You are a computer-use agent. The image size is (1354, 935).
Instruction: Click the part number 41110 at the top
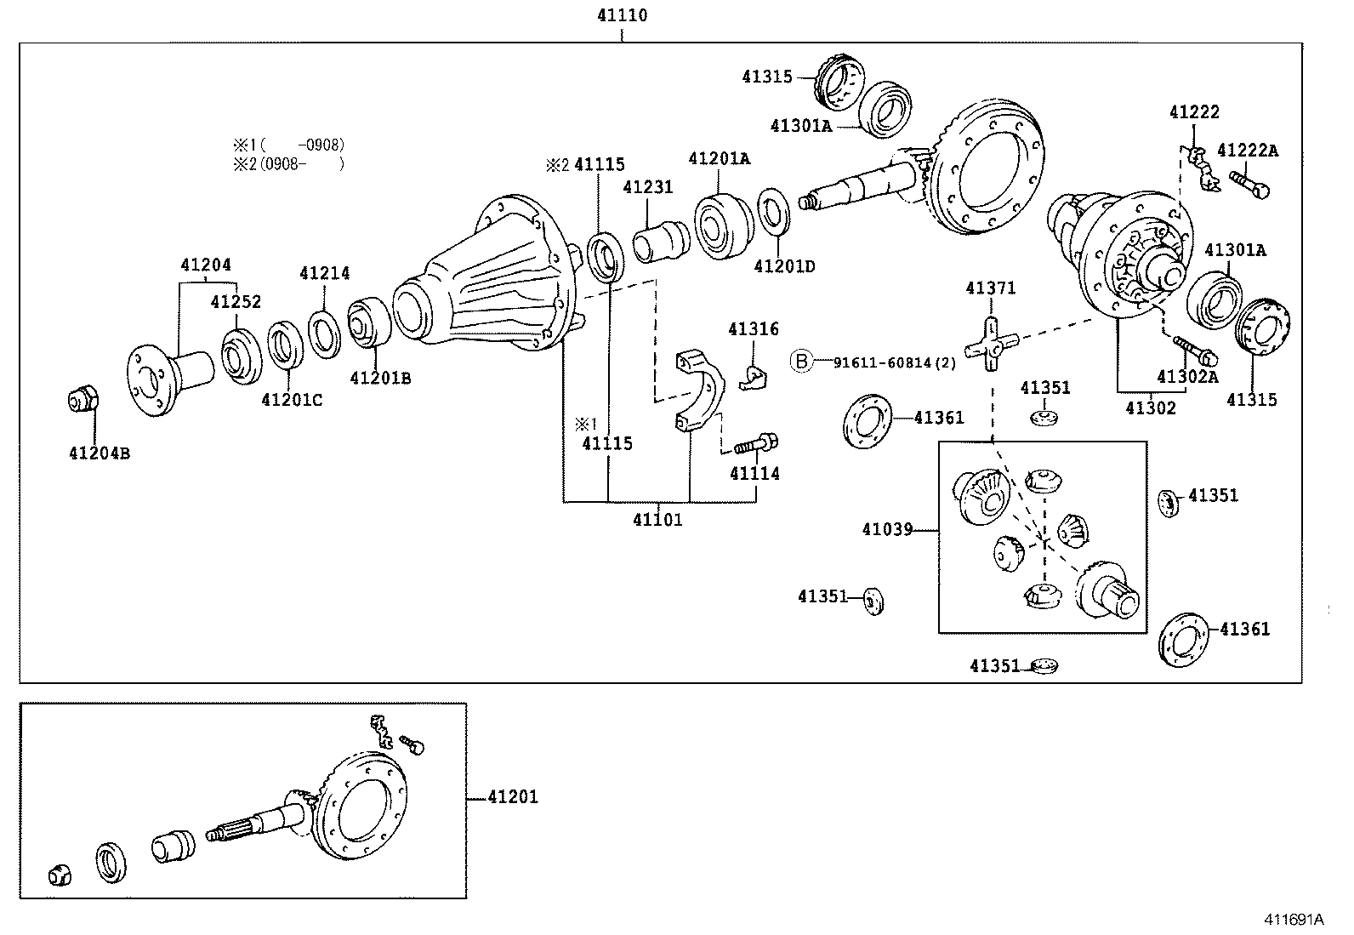(x=622, y=15)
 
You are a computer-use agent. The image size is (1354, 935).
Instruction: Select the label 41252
(x=236, y=302)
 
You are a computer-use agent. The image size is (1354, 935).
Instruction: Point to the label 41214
(x=324, y=273)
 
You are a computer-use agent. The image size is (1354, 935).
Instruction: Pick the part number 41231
(x=647, y=187)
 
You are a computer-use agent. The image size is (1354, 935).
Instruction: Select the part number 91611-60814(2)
(x=894, y=362)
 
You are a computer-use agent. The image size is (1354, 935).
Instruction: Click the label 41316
(x=753, y=329)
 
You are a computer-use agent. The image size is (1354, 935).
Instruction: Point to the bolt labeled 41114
(x=756, y=443)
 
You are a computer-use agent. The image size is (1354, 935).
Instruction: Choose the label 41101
(x=657, y=519)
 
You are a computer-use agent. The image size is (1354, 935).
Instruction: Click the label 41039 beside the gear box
(x=886, y=529)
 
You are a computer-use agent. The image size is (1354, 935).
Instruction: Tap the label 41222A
(x=1247, y=151)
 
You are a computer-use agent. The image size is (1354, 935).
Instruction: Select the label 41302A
(x=1188, y=376)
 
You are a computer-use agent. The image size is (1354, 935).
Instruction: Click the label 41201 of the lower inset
(x=513, y=797)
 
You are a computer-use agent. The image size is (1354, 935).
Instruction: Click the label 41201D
(x=784, y=266)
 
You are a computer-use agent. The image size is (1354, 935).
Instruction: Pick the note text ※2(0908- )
(x=289, y=163)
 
